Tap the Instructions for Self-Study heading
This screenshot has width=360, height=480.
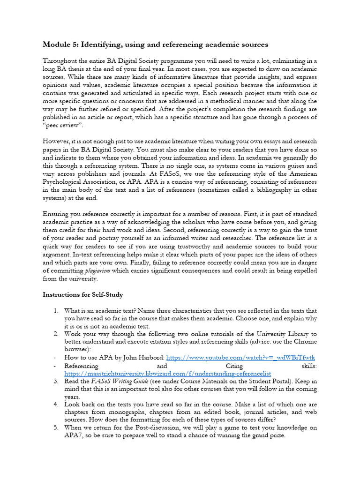coord(83,295)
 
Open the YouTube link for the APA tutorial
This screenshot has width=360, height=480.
coord(241,357)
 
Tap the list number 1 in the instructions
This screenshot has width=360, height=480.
coord(55,311)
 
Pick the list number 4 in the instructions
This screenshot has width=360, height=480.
coord(55,404)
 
